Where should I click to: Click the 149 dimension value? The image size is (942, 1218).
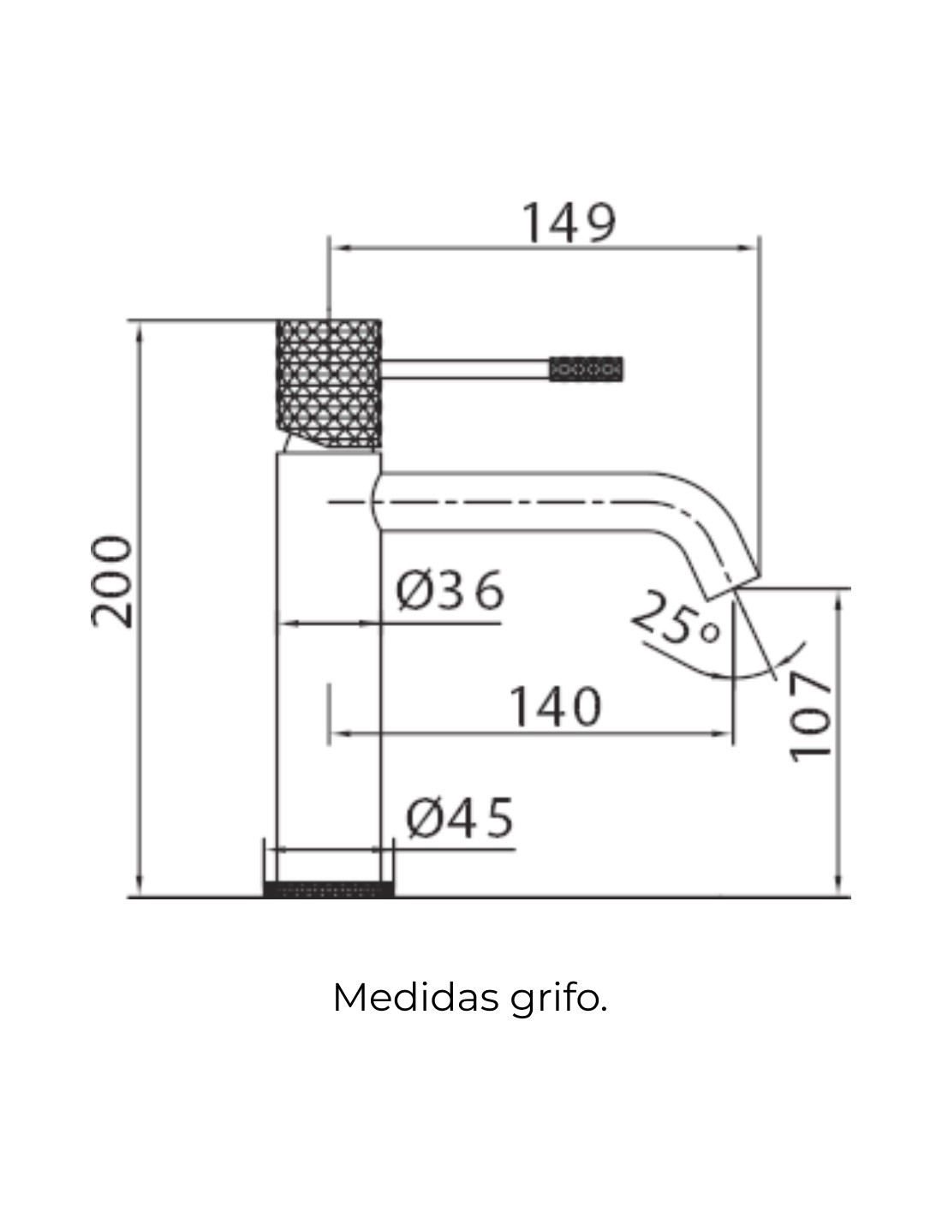[569, 223]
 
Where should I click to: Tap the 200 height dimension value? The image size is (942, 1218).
[112, 582]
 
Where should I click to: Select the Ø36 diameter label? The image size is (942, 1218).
[450, 589]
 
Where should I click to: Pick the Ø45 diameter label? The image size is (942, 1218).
[460, 818]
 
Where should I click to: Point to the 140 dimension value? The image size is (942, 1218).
[555, 707]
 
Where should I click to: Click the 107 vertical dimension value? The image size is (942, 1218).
[810, 718]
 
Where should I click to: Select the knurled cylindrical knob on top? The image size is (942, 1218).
[329, 385]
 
